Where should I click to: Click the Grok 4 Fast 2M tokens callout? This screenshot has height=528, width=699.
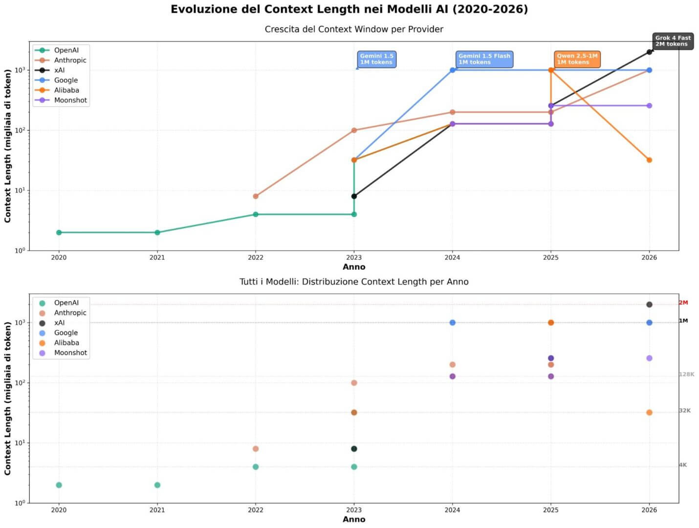(x=673, y=41)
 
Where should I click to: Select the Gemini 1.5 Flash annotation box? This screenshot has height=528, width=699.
(x=484, y=59)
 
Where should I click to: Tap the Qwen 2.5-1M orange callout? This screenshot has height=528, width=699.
(x=577, y=59)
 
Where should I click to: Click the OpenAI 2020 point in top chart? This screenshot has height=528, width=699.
(x=59, y=233)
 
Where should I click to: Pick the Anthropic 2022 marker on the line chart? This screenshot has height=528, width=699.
(x=256, y=197)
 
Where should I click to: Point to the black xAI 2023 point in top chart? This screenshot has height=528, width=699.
(x=354, y=197)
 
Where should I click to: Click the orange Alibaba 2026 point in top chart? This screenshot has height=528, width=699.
(x=649, y=160)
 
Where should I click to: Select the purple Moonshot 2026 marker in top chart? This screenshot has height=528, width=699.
(x=649, y=106)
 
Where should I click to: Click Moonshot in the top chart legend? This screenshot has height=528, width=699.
(x=70, y=100)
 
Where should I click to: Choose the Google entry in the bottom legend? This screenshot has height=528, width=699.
(x=66, y=333)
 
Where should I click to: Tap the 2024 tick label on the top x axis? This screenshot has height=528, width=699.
(x=452, y=258)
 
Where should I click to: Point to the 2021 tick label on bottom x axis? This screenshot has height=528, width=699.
(x=157, y=510)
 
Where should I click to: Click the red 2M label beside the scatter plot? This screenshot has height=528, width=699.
(x=683, y=303)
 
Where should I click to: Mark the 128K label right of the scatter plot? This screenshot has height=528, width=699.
(x=686, y=374)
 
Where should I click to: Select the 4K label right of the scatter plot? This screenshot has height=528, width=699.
(x=683, y=465)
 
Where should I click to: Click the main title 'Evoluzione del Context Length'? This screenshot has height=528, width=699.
(x=349, y=9)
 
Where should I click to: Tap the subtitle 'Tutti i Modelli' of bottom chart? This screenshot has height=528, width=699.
(x=354, y=282)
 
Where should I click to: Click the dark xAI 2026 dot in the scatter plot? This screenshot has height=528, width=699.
(x=649, y=305)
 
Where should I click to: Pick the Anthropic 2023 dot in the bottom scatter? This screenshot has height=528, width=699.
(x=354, y=383)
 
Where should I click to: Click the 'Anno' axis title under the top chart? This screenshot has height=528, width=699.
(x=354, y=267)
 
